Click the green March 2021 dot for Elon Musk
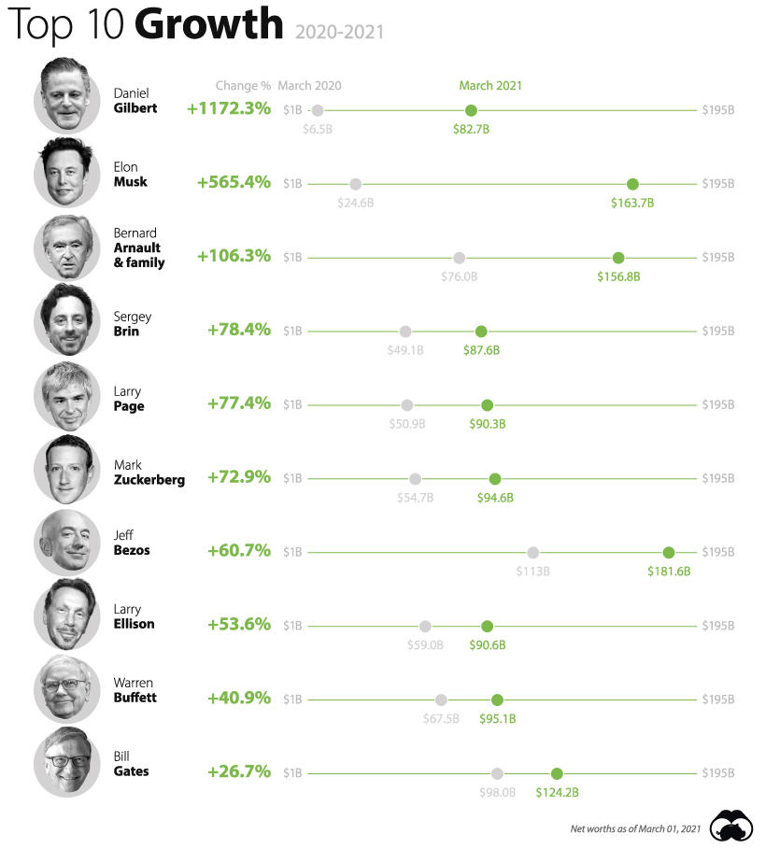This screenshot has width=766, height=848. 632,184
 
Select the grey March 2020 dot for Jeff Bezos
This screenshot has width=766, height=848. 532,552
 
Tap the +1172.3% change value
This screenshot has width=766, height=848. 229,109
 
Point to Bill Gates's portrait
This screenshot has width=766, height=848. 65,763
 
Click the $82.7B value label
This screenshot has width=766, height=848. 471,129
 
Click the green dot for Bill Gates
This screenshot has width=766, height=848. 557,773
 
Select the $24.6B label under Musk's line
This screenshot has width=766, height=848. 355,203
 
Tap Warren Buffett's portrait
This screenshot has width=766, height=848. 65,689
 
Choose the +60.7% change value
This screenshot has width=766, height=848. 239,551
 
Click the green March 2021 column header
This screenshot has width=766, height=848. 490,86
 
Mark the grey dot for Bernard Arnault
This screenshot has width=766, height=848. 459,258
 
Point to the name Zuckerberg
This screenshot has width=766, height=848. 149,480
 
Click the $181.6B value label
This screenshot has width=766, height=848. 669,571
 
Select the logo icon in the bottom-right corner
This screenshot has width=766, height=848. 731,827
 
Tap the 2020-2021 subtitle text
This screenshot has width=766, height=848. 339,33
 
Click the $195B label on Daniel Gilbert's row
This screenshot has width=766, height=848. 718,109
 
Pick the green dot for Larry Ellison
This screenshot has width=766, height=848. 487,626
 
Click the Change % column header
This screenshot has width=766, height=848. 243,86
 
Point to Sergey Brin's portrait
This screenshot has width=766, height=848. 65,320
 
